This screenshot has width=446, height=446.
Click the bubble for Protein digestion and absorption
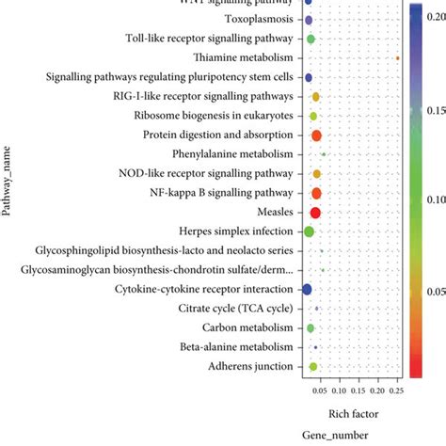click(x=316, y=135)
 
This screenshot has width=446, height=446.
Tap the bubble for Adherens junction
click(x=313, y=366)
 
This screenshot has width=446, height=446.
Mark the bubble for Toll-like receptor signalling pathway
click(x=310, y=39)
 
